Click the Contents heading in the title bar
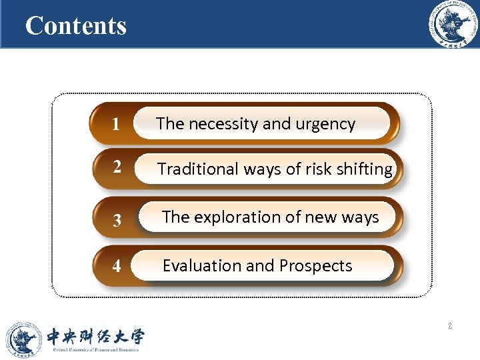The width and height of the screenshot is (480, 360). click(x=75, y=26)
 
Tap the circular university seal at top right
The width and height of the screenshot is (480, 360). click(x=453, y=25)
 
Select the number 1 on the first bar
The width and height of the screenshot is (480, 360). click(x=116, y=125)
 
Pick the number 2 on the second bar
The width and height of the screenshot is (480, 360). click(x=117, y=167)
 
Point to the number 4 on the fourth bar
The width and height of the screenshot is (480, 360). click(x=117, y=267)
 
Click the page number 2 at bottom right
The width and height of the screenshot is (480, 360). click(x=450, y=326)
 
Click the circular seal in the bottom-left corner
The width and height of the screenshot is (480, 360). click(x=23, y=339)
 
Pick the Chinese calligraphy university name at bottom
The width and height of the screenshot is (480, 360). click(x=94, y=336)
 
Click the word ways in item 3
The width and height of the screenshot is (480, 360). click(x=360, y=217)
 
